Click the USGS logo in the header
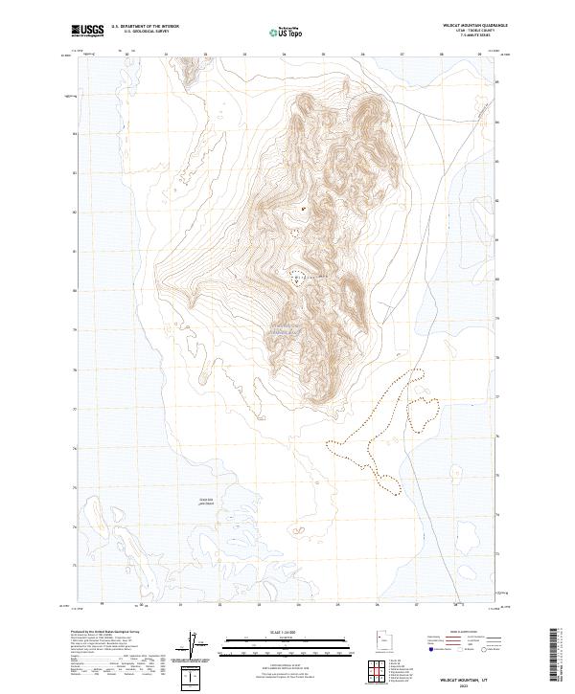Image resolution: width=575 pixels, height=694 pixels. pos(87,31)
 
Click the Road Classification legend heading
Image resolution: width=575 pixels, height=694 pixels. pos(463,633)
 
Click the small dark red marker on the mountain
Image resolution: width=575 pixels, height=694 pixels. pos(304,208)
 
